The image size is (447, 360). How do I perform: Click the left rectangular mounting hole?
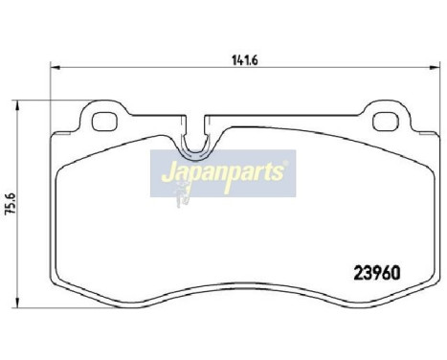(97, 122)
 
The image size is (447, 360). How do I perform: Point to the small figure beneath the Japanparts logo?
(182, 196)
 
